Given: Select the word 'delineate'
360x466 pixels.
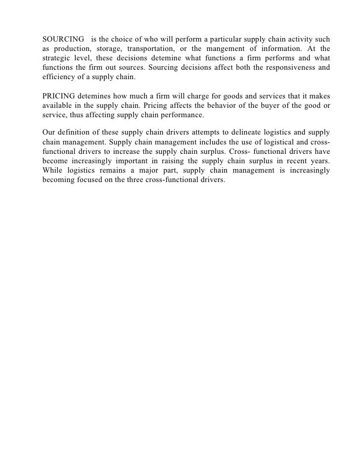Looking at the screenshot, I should (238, 132).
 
